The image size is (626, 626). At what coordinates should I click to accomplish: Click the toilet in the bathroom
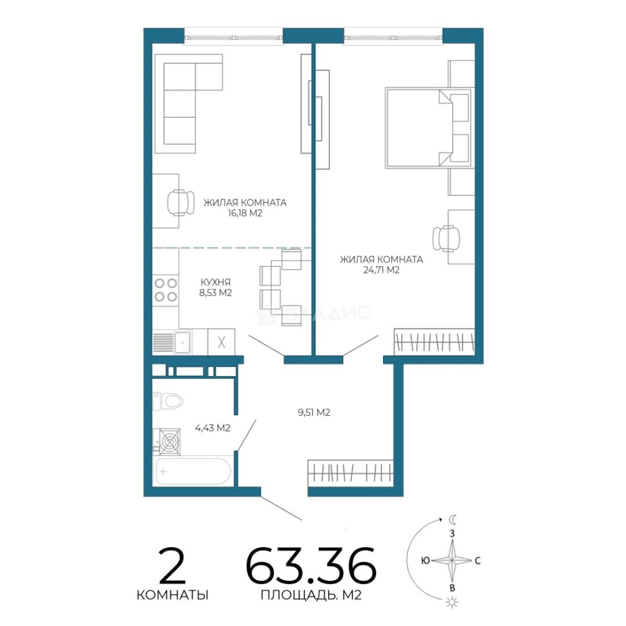point(168,401)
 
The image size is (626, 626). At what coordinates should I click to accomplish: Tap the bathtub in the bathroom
point(194,471)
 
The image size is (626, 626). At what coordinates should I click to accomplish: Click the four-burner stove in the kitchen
point(166,290)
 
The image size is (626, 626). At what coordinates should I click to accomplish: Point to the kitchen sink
point(183,342)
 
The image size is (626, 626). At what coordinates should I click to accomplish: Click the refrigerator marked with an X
point(221,342)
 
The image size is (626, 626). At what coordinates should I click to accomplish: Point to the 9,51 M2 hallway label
point(314,413)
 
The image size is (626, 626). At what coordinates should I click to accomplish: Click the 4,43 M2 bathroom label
point(212,428)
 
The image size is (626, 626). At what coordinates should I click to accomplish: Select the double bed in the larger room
point(428,128)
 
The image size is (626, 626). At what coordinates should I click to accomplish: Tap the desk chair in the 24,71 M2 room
point(446,239)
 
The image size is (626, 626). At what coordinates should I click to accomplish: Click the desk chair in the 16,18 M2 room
point(180,202)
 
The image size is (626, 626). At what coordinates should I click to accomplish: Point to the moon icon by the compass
point(452,519)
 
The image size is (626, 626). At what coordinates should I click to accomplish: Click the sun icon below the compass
point(452,603)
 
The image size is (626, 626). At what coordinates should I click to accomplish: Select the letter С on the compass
point(478,561)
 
